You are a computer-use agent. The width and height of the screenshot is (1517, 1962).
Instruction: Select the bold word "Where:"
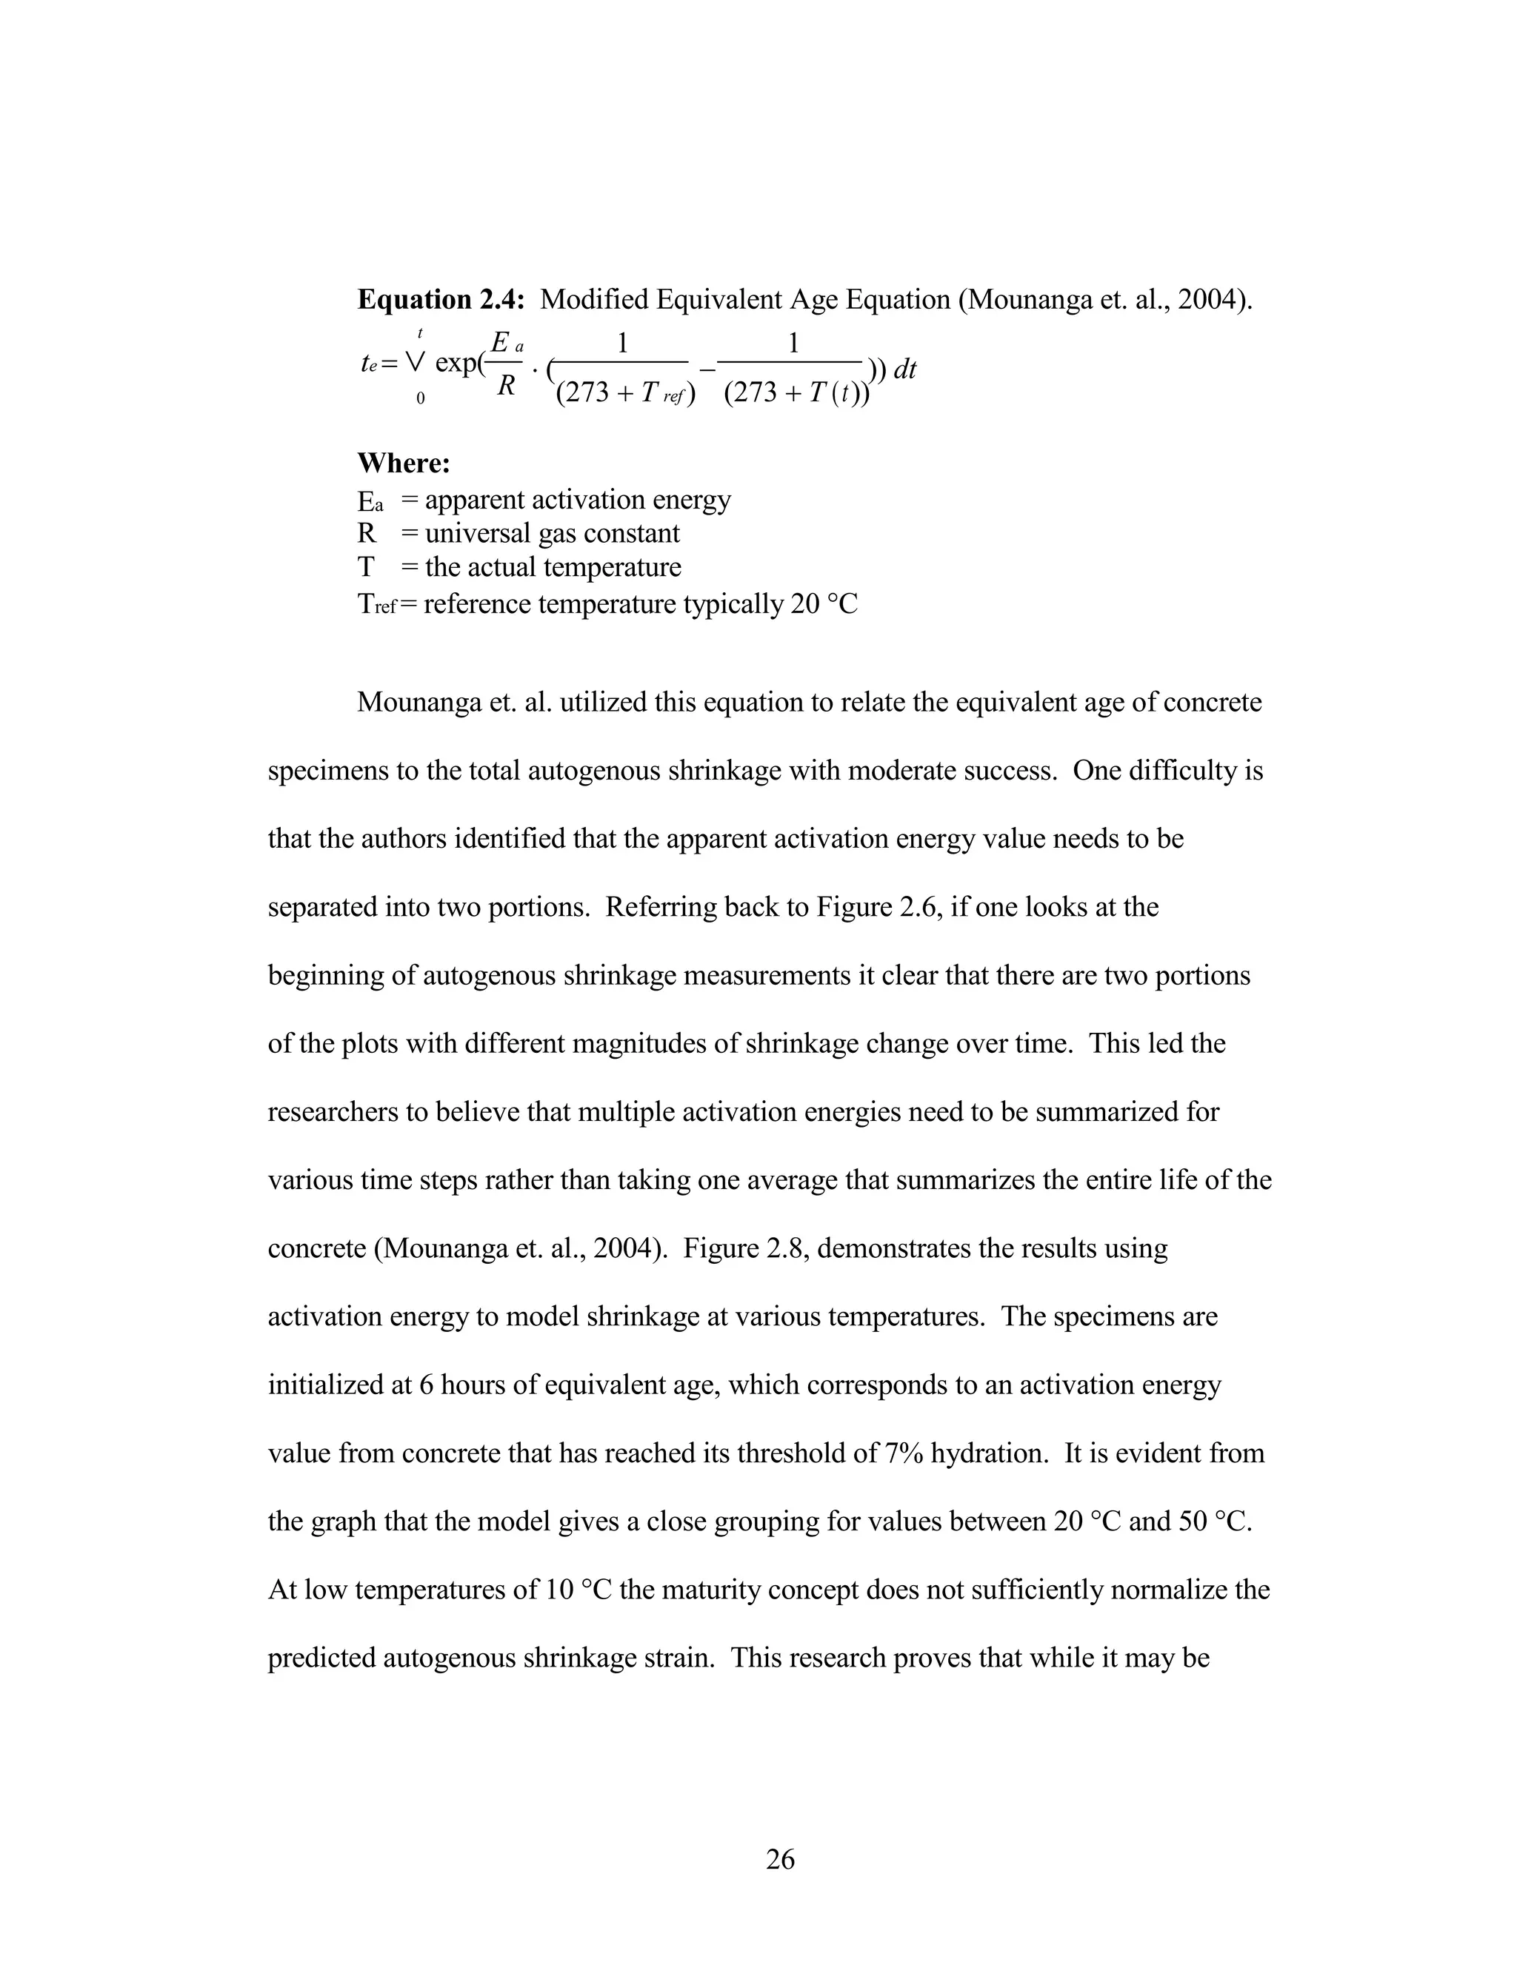[x=404, y=463]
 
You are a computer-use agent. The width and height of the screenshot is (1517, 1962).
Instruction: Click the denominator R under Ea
[x=506, y=386]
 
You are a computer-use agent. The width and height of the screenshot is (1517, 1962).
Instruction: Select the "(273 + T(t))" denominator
[x=796, y=393]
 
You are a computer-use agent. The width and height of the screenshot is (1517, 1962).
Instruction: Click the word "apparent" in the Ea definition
[x=476, y=500]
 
